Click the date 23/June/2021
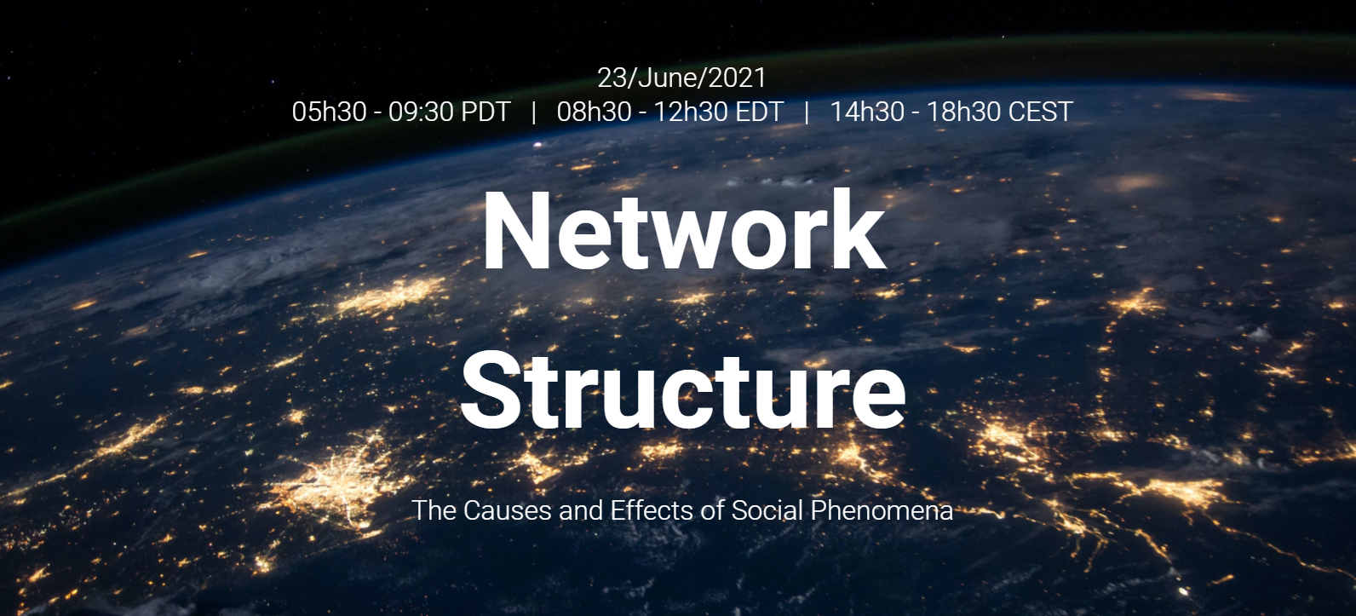(681, 78)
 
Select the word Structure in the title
(683, 389)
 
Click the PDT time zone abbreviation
(486, 112)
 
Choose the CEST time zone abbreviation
(1041, 112)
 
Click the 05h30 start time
(329, 112)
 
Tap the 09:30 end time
(421, 112)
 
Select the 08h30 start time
(594, 112)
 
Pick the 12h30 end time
(691, 112)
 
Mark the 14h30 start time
(866, 112)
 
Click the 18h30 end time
(963, 112)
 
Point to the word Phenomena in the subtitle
(882, 510)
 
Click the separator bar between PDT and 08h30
(533, 112)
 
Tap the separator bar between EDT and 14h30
(807, 112)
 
